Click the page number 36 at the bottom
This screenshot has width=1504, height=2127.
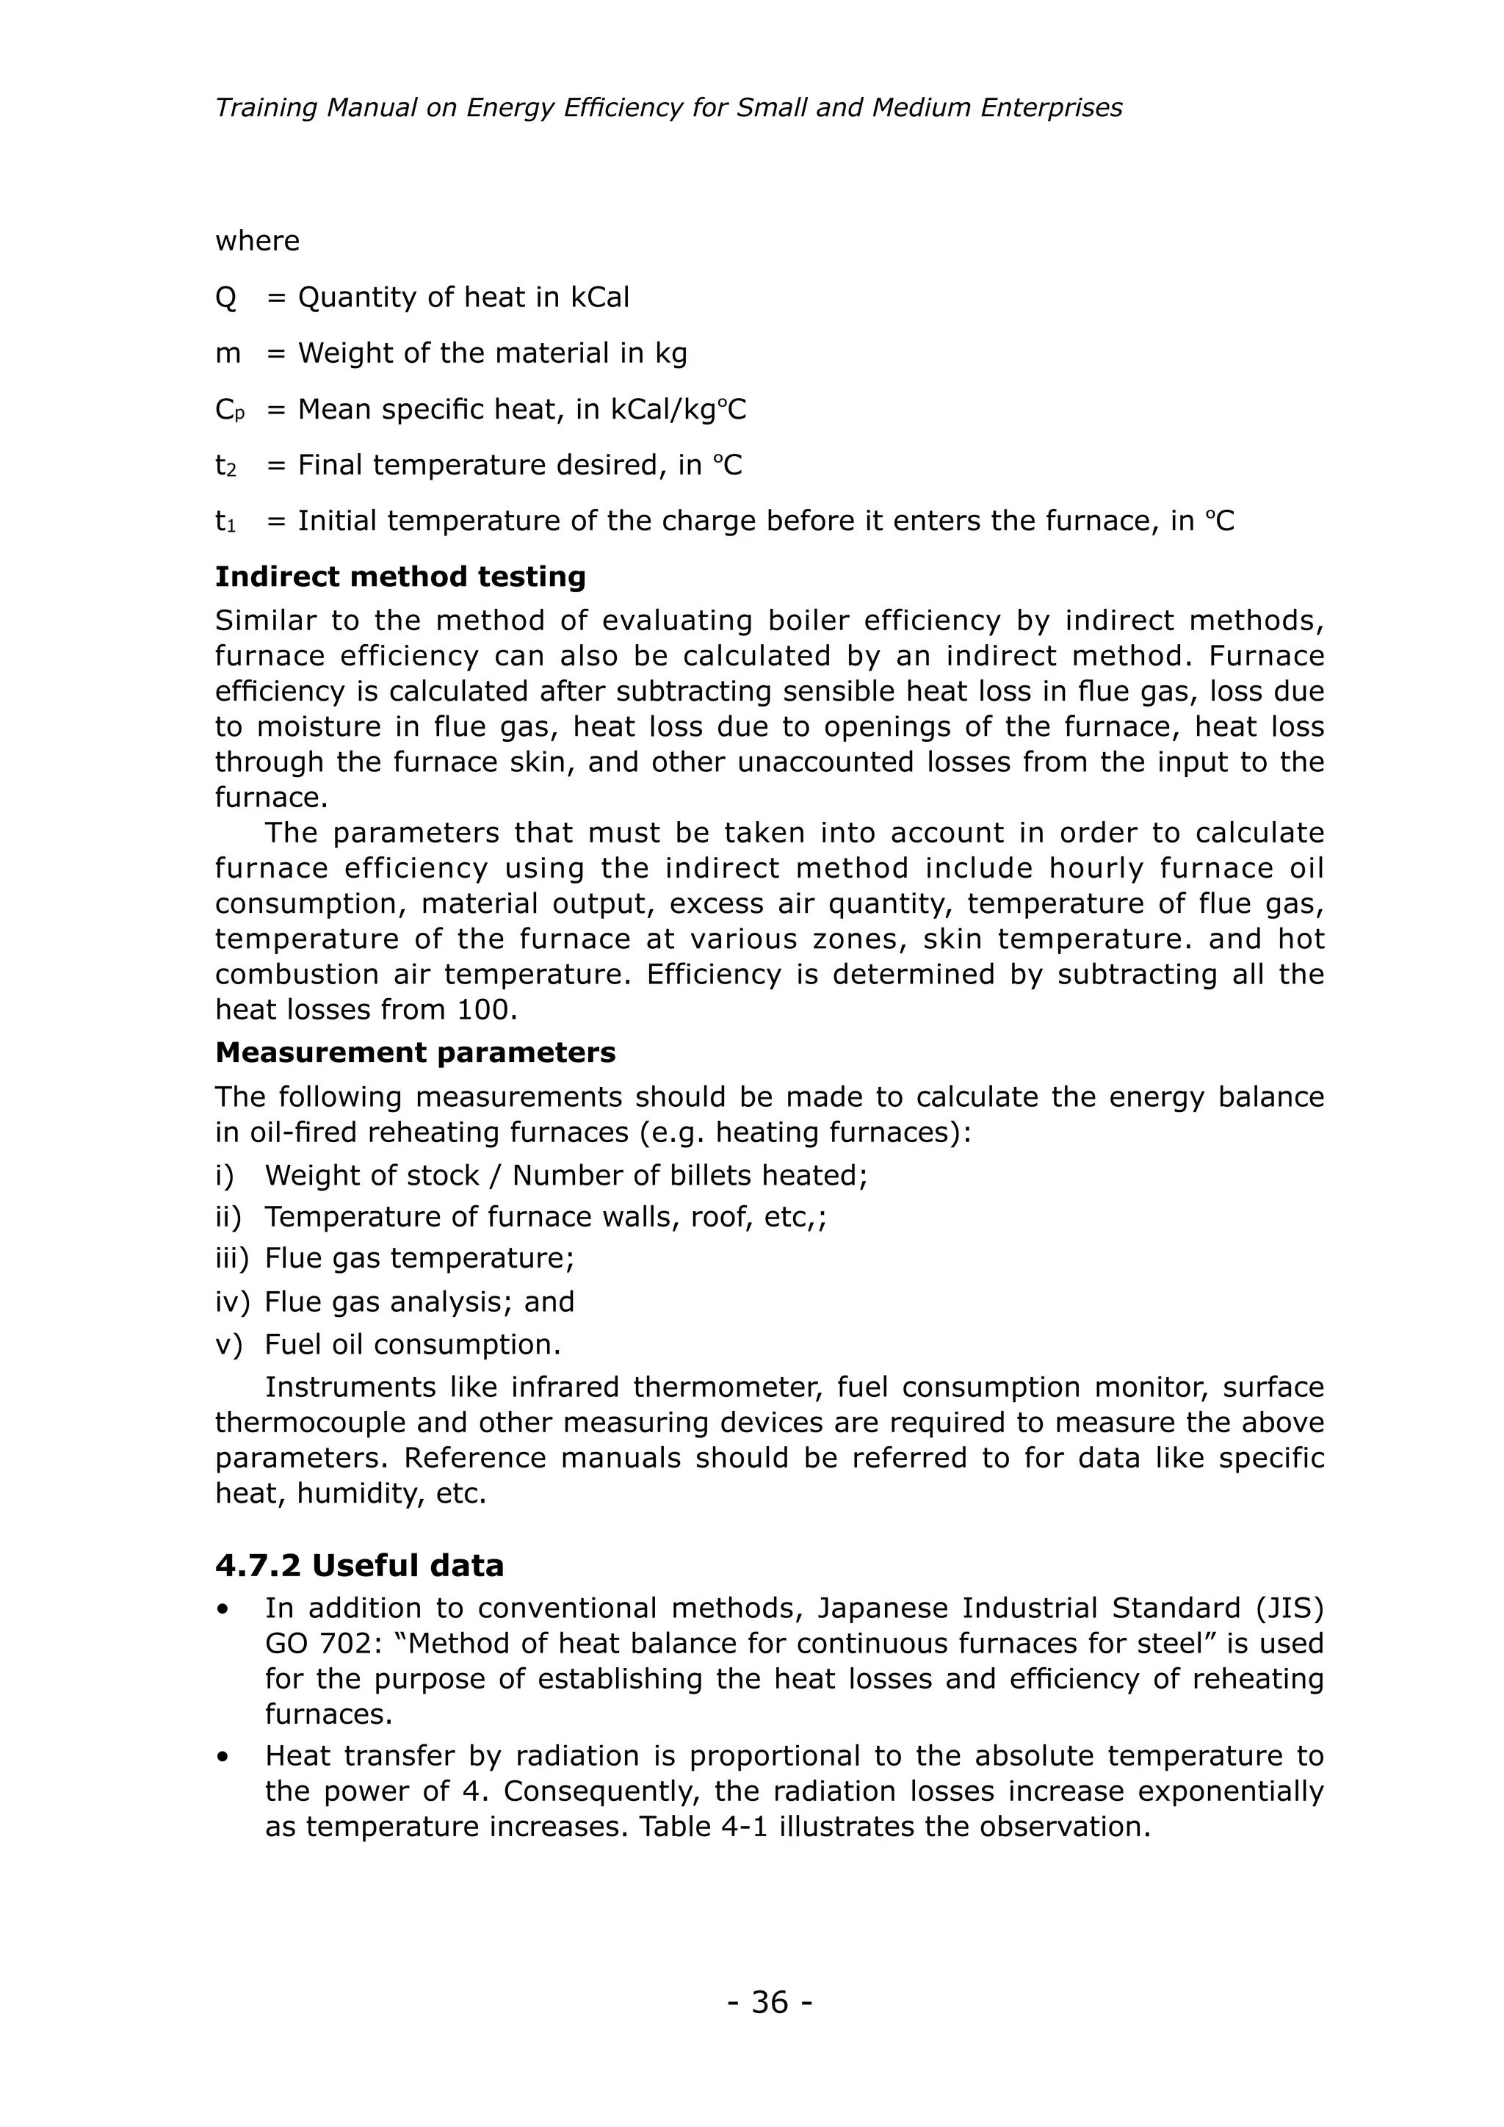point(770,2002)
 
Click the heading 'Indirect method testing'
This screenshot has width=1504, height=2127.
point(400,577)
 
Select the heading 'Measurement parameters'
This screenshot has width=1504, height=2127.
point(415,1052)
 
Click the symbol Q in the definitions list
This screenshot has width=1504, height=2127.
point(226,297)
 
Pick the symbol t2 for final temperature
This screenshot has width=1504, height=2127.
point(226,465)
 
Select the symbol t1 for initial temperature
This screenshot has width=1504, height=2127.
point(225,521)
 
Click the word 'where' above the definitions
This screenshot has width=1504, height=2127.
point(258,241)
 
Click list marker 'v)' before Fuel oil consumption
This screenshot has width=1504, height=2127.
point(228,1344)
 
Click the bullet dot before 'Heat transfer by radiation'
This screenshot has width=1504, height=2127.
point(223,1756)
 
